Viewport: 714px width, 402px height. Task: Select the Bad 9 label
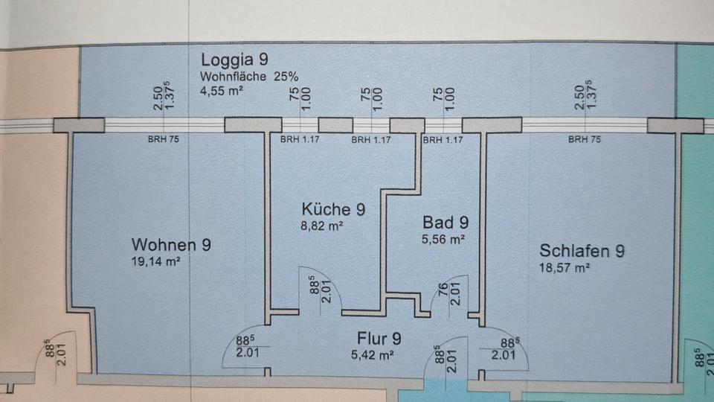[x=445, y=222]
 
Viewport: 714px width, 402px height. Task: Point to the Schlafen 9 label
[x=582, y=250]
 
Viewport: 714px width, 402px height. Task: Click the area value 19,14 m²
[x=155, y=261]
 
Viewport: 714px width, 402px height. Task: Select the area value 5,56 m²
[x=444, y=239]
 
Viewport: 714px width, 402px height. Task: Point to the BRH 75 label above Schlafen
[x=584, y=139]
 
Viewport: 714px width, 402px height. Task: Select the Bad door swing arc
[x=445, y=298]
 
